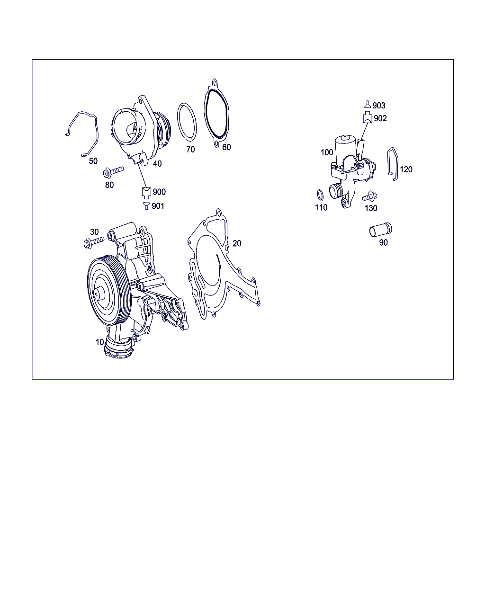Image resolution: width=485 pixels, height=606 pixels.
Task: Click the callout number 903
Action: [x=378, y=106]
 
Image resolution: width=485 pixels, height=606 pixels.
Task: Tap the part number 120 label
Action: [x=406, y=169]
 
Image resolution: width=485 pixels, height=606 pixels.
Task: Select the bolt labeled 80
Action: [x=113, y=171]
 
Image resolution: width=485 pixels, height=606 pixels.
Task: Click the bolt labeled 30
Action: [x=94, y=242]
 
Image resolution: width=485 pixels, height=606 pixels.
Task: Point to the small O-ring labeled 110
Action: [x=320, y=195]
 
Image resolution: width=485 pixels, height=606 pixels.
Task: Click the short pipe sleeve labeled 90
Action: [x=380, y=231]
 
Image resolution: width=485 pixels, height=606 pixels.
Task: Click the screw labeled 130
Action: [x=369, y=196]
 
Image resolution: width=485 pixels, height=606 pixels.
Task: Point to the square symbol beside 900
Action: [x=146, y=193]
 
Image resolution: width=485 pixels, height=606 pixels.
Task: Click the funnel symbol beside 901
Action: [x=146, y=206]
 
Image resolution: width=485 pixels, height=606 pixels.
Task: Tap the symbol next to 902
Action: [x=367, y=117]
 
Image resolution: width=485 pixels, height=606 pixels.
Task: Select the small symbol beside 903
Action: [x=367, y=104]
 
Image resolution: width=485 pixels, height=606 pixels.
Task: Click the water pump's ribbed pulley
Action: [x=109, y=291]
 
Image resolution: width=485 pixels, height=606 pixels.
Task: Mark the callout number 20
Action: [x=237, y=243]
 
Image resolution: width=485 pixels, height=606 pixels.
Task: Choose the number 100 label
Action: [x=327, y=152]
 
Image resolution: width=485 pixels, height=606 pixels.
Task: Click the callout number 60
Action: [x=226, y=147]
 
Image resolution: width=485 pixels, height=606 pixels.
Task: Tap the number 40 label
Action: [x=157, y=164]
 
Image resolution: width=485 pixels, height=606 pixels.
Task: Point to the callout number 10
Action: [x=100, y=342]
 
